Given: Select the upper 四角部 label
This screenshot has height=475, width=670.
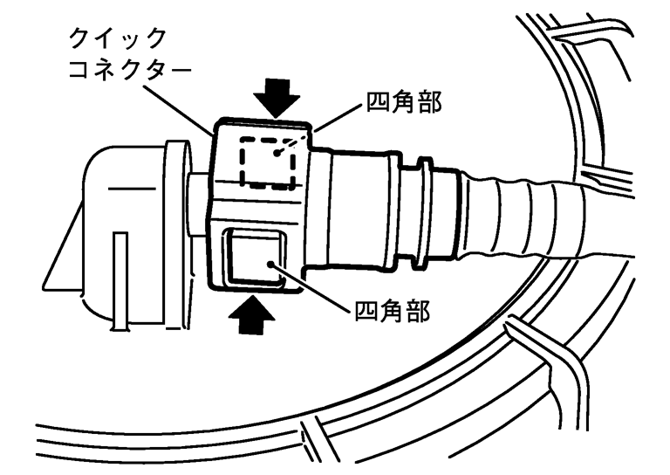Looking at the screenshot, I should (395, 108).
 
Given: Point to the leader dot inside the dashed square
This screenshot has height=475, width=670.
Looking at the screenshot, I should (278, 154).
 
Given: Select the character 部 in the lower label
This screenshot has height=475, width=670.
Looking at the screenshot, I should (420, 312).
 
